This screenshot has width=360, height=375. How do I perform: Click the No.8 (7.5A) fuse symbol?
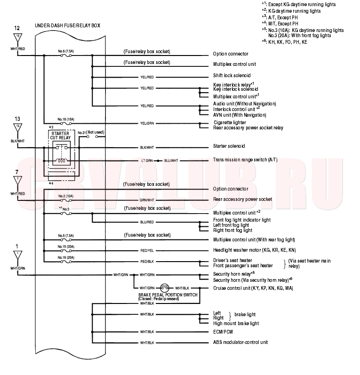[66, 56]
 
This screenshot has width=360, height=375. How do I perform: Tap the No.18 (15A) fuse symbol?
[66, 123]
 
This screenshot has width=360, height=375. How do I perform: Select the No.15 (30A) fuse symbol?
[66, 251]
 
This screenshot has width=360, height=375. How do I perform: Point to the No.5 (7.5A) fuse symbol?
[66, 240]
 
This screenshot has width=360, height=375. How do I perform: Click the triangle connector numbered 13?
[18, 128]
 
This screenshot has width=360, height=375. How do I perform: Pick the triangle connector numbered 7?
[18, 181]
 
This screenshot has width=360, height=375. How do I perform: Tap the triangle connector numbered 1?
[18, 255]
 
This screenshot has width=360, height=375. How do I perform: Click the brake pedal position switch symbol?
[165, 288]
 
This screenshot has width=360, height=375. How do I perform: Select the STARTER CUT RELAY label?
[60, 136]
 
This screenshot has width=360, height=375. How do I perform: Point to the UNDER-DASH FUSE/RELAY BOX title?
[67, 25]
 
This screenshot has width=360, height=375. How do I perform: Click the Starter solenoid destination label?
[229, 146]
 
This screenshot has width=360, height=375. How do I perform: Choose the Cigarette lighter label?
[230, 122]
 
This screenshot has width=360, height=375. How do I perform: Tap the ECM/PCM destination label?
[223, 332]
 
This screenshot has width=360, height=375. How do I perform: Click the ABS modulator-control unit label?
[240, 342]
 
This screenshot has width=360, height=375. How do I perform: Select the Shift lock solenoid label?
[232, 76]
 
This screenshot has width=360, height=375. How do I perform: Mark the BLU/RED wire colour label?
[147, 222]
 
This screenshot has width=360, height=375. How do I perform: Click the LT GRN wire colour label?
[147, 161]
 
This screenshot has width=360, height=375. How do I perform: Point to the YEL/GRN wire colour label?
[147, 123]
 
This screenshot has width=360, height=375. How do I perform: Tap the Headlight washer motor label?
[255, 250]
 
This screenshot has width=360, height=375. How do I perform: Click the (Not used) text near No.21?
[96, 132]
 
